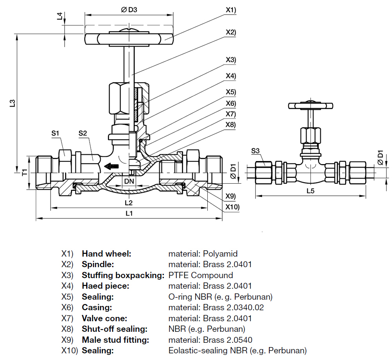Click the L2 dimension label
tap(129, 203)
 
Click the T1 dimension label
tap(24, 172)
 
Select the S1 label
tap(55, 133)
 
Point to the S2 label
tap(82, 133)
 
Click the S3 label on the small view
tap(255, 150)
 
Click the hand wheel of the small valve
tap(310, 105)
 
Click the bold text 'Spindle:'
tap(98, 264)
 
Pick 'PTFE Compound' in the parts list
tap(200, 275)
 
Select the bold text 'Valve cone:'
tap(104, 318)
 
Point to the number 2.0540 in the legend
tap(239, 340)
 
